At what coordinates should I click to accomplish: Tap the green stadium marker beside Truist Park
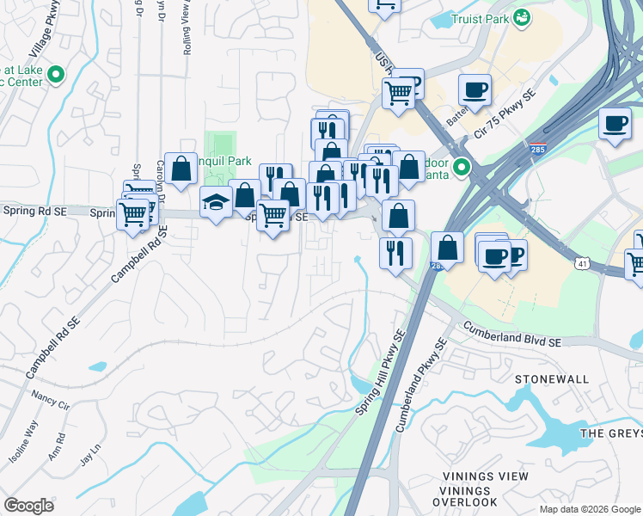[x=522, y=17]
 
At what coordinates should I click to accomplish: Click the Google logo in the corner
[x=28, y=505]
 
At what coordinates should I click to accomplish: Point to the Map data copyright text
[x=590, y=509]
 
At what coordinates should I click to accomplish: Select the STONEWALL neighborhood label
[x=551, y=379]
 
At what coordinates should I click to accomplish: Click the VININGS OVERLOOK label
[x=464, y=501]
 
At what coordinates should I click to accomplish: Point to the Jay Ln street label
[x=90, y=453]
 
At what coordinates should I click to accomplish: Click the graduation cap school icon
[x=216, y=202]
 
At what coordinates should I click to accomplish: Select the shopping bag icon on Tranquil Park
[x=181, y=169]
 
